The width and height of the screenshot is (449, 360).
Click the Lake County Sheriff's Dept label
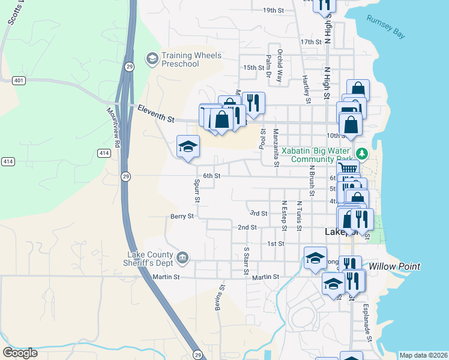tap(150, 259)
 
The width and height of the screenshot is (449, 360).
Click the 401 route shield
tap(20, 80)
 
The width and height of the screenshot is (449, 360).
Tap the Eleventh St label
tap(155, 114)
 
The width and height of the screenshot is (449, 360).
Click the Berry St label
tap(182, 216)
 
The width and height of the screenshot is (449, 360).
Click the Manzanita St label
tap(276, 147)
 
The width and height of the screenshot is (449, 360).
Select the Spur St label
tap(197, 191)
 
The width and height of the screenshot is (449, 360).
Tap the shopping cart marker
tap(348, 169)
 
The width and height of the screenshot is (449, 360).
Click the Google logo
tap(20, 353)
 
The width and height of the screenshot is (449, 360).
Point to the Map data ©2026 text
tap(423, 355)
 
